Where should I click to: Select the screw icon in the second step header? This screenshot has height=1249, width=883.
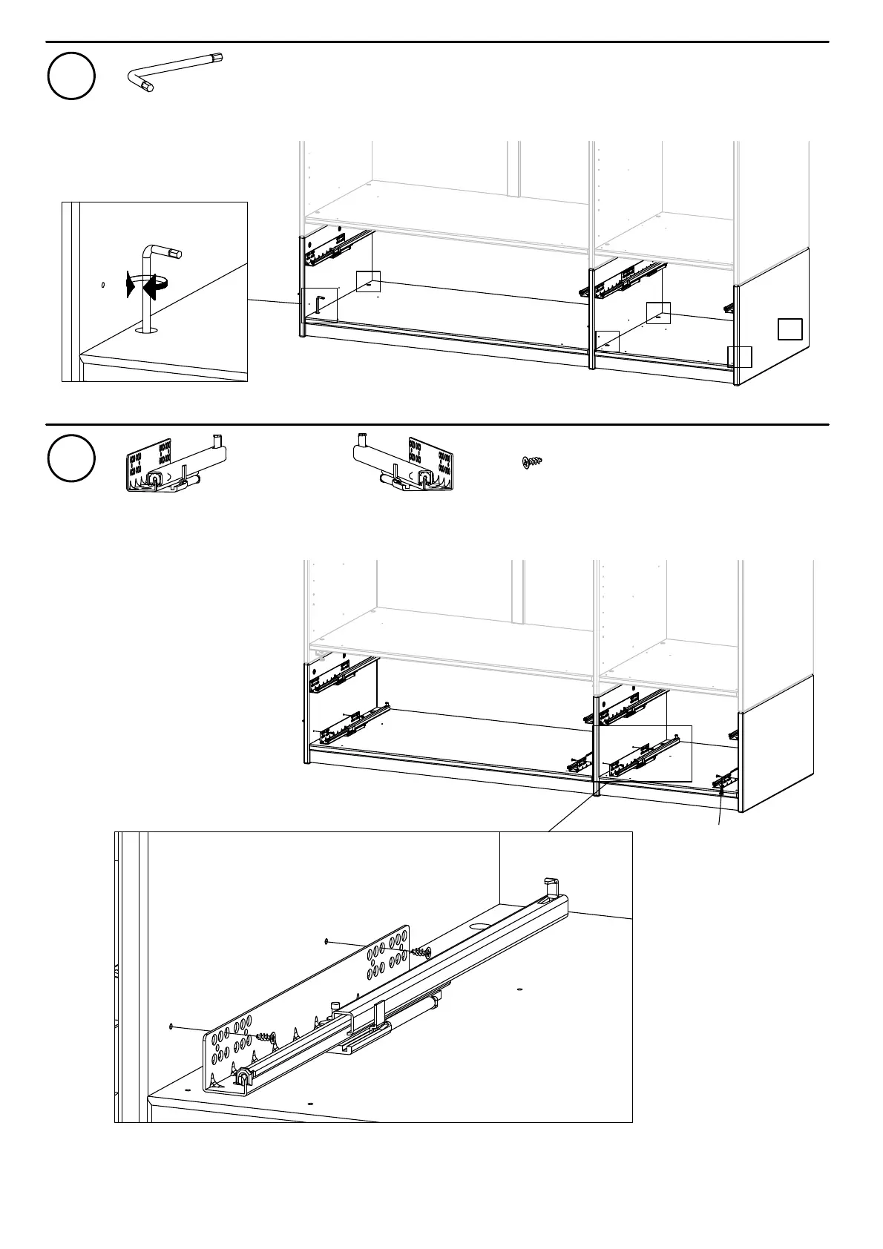(x=531, y=463)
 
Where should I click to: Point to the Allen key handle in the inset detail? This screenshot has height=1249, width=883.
(x=165, y=252)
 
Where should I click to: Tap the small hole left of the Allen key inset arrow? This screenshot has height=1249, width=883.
(x=102, y=283)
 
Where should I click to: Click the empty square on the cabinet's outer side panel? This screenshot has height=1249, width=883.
(x=790, y=329)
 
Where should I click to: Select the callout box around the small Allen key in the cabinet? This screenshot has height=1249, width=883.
(x=320, y=304)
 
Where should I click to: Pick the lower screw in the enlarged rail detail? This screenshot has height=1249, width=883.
(x=266, y=1036)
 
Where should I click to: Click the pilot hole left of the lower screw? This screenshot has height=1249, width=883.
(x=171, y=1026)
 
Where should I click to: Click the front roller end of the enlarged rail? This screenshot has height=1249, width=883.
(x=241, y=1076)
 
